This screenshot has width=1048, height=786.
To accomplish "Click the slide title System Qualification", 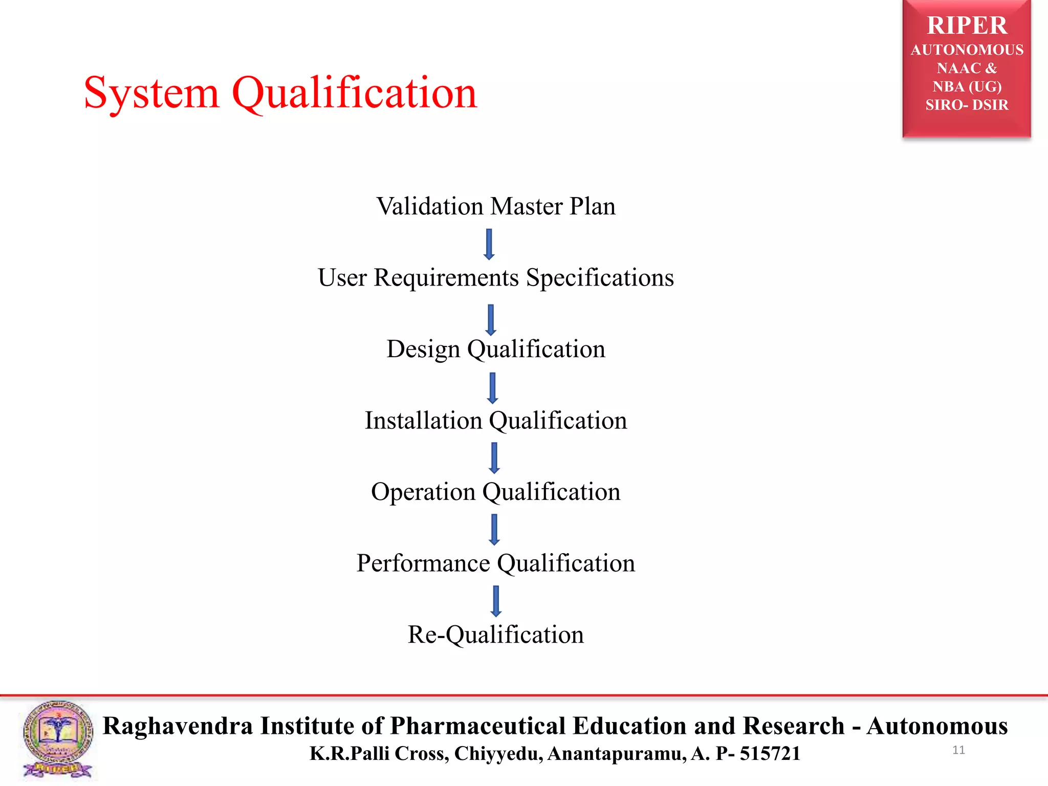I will point(280,93).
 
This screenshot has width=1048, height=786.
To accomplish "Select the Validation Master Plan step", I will point(496,207).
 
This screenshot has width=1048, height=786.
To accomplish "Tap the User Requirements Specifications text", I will point(495,278).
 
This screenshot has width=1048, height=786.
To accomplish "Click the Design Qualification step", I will point(495,350).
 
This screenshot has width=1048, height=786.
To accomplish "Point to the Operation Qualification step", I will point(495,492).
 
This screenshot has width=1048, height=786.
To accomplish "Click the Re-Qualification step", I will point(495,635).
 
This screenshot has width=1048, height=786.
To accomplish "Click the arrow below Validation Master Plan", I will point(489,244).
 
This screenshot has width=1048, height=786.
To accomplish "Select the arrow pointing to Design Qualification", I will point(491,320).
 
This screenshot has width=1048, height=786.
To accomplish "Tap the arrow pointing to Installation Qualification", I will point(492,388).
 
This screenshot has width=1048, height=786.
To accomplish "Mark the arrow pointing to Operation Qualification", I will point(494,458).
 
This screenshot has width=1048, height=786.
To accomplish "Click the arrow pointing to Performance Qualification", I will point(494,530).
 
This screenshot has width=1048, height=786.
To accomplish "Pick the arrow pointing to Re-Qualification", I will point(495,601).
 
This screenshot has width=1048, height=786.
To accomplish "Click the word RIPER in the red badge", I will point(967,26).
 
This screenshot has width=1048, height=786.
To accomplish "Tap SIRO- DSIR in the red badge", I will point(967,105).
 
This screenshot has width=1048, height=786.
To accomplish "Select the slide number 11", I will point(958,750).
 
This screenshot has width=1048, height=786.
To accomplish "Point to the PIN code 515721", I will point(770,754).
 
